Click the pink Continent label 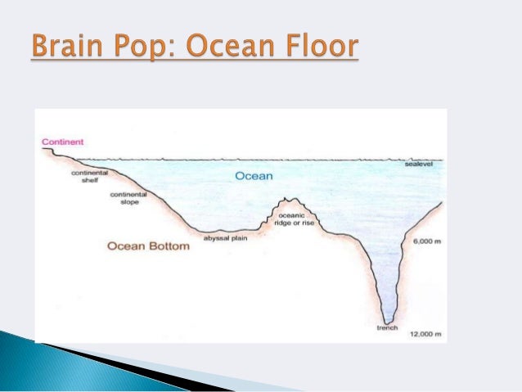point(62,142)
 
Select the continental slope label point(128,197)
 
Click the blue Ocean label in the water point(254,176)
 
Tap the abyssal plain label point(225,240)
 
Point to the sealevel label point(423,164)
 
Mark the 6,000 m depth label point(426,241)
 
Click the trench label point(387,328)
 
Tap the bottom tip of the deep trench point(388,320)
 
